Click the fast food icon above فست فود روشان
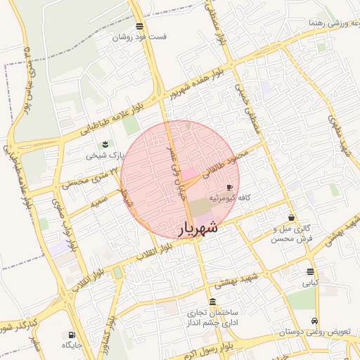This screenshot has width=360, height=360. (x=140, y=26)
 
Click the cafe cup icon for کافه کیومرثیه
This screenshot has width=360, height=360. (x=229, y=188)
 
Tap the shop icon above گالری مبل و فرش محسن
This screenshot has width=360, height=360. (x=291, y=217)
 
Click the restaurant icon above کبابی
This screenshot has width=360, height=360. (x=310, y=272)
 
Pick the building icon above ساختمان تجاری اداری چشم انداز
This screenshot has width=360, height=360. (x=212, y=301)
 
